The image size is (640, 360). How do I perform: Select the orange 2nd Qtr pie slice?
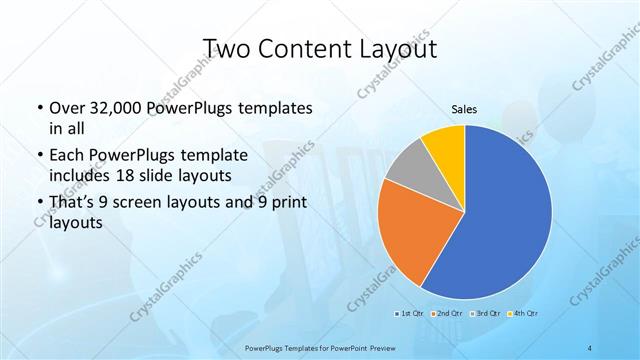point(410,235)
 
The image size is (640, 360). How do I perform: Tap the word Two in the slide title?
point(227,49)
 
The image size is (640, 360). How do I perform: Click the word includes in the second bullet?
point(79,176)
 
